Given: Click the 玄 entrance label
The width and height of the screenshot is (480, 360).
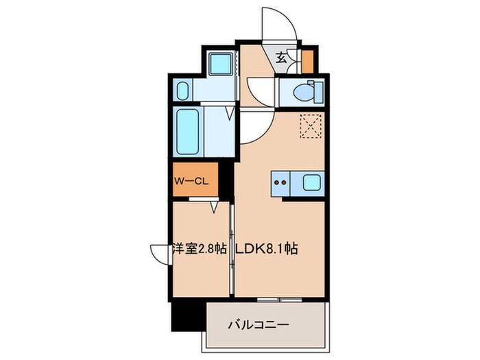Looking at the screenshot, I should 282,58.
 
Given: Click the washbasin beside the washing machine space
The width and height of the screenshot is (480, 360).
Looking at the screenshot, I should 182,91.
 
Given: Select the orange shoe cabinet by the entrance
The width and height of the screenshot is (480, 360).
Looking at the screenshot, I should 307,61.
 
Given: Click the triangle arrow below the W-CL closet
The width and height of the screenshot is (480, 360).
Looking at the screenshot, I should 215,205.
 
